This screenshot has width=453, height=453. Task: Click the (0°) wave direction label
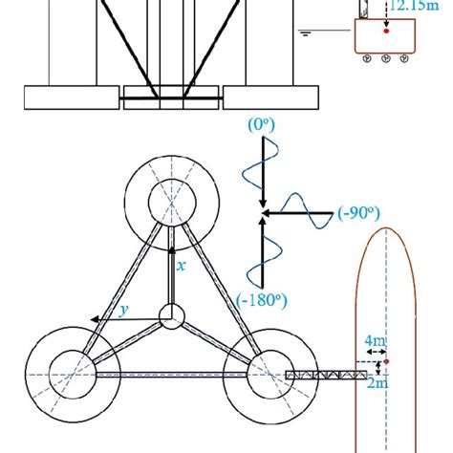click(x=261, y=125)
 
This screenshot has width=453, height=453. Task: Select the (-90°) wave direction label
click(x=358, y=213)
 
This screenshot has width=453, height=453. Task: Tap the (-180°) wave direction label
click(x=262, y=300)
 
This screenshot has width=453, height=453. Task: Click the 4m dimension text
click(x=376, y=341)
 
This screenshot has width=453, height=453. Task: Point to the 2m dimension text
click(x=377, y=383)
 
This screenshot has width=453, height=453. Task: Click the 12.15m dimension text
click(x=414, y=6)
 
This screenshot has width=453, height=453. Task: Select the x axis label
click(x=181, y=266)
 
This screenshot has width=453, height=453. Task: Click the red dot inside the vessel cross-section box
click(x=386, y=31)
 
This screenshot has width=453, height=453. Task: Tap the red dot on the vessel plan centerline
click(x=386, y=361)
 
